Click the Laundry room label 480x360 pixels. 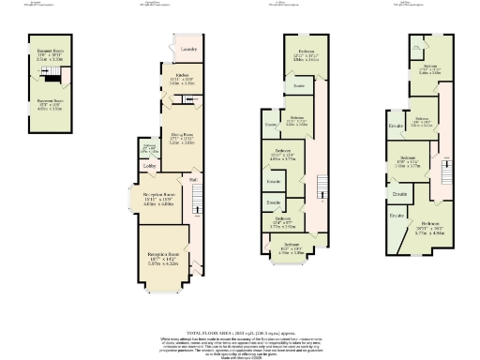[x=187, y=48]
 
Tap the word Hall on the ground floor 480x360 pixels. [x=192, y=179]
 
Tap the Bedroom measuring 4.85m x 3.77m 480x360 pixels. [x=281, y=156]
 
